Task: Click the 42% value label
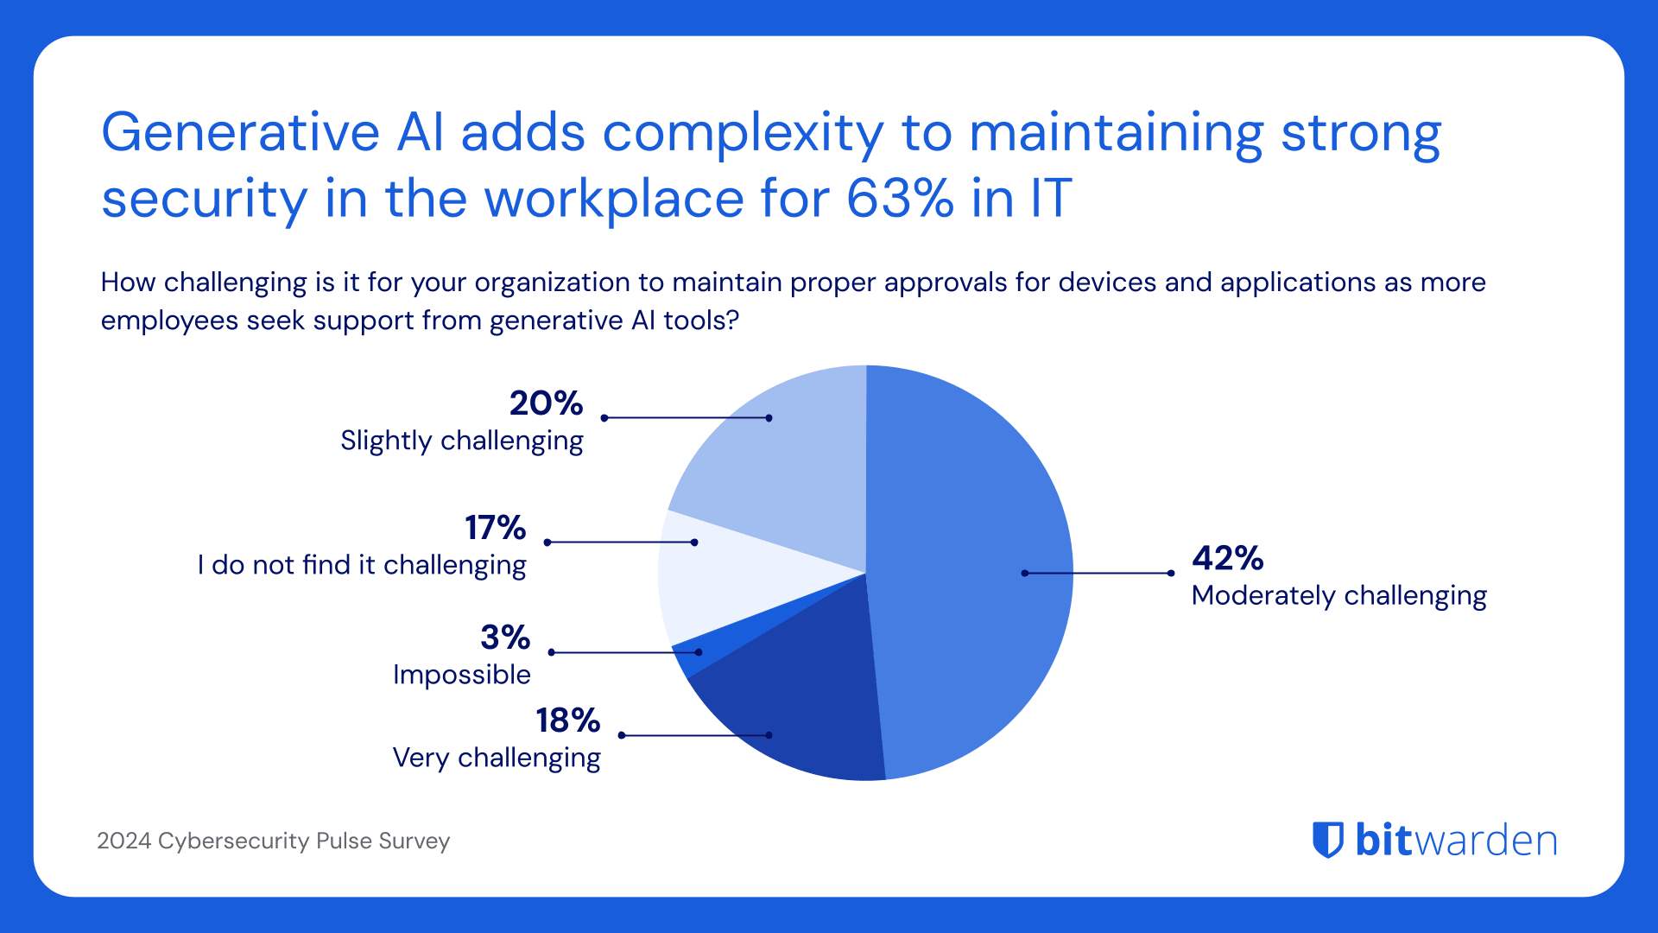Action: [1227, 558]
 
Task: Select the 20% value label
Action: [546, 403]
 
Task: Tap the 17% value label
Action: [495, 528]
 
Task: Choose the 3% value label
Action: [504, 638]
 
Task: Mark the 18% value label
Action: [567, 720]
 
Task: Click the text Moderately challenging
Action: [1338, 596]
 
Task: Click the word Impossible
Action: [461, 675]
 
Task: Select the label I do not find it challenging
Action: [361, 565]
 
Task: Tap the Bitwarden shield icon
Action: [1328, 840]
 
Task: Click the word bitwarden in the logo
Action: [1456, 840]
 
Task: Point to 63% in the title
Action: [900, 199]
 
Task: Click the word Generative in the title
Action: [240, 133]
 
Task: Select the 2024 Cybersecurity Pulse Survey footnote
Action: [273, 841]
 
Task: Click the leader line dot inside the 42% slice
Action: [1024, 573]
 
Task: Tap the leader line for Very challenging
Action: [695, 735]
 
